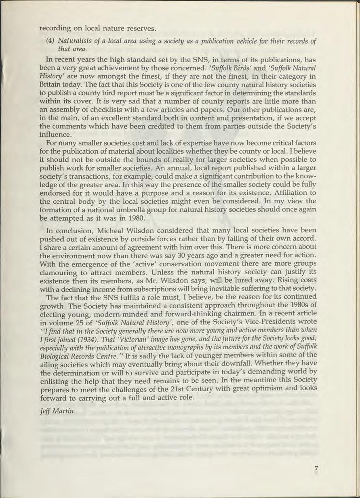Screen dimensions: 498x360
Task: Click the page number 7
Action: [316, 468]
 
